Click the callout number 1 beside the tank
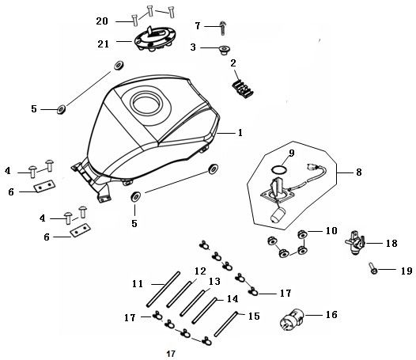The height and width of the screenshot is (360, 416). click(x=240, y=133)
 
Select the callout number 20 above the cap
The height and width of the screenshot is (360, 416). click(x=102, y=20)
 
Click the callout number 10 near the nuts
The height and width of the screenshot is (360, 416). click(x=331, y=230)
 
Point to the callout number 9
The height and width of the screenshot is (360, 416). click(x=291, y=153)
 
